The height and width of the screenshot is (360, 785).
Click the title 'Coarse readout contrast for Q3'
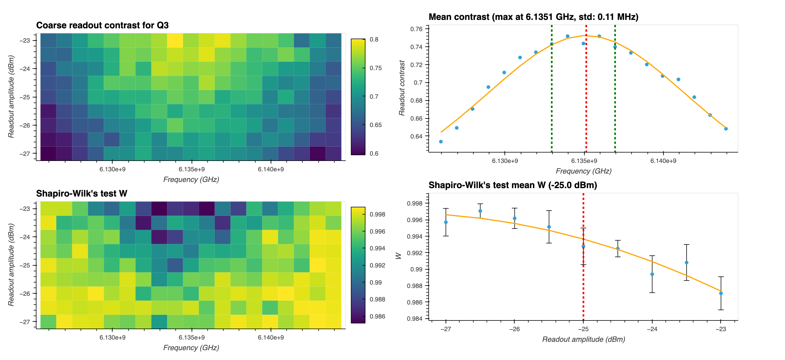102,25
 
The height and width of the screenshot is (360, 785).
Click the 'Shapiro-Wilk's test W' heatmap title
82,193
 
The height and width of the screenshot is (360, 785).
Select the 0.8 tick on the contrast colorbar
374,40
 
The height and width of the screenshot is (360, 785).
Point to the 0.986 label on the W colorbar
377,317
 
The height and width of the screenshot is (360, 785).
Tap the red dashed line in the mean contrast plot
586,91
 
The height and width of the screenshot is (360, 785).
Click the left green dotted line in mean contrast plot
551,91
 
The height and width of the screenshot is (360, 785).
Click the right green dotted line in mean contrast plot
615,91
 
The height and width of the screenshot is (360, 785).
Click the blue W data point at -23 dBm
721,293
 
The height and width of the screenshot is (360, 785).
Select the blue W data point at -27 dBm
446,222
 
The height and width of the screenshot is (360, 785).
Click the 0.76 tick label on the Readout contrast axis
416,29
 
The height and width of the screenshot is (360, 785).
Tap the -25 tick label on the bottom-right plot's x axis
583,329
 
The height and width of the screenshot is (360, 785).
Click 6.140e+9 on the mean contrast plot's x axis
663,161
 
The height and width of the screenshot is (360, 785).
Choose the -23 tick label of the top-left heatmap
25,41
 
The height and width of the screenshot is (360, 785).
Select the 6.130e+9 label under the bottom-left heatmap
112,338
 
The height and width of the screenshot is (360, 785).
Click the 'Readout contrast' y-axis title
402,88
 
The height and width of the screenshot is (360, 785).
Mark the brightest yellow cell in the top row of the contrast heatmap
175,40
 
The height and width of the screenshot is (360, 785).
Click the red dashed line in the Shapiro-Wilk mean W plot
583,274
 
